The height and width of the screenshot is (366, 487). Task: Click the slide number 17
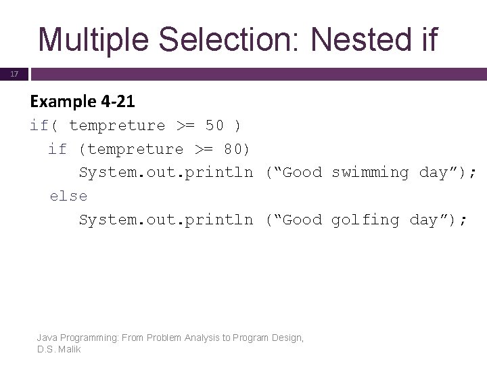(14, 74)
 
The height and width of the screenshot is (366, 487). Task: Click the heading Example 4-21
(83, 102)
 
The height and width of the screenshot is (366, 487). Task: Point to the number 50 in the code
(214, 125)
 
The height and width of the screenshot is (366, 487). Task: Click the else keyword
(68, 196)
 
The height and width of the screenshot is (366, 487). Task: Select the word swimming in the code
(370, 172)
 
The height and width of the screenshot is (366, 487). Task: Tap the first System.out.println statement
(166, 172)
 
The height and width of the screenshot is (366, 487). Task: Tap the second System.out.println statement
(166, 220)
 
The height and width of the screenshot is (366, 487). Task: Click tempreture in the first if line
(117, 125)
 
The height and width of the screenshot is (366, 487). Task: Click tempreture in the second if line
(135, 149)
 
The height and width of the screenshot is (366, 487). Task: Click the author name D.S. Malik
(60, 349)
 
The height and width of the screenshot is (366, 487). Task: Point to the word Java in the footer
(47, 338)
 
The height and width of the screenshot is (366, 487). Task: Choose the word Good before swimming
(302, 172)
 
